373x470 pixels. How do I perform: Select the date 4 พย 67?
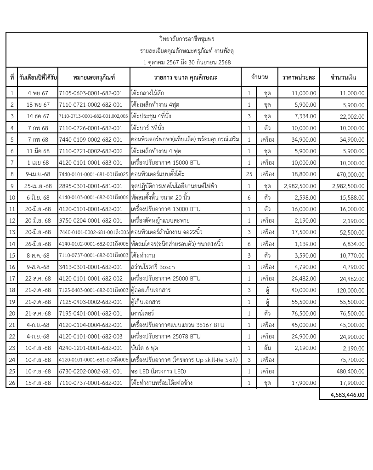point(38,93)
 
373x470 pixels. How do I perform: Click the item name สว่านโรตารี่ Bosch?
point(153,267)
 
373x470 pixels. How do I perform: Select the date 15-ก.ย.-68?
point(38,382)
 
